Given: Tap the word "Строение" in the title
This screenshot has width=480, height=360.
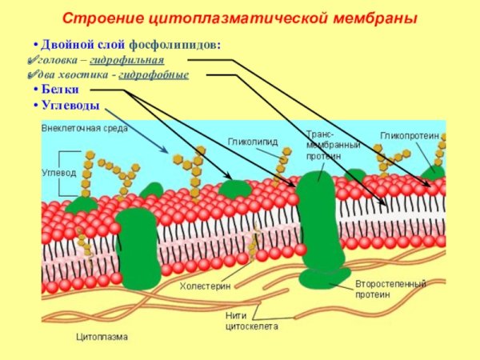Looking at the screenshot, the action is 95,18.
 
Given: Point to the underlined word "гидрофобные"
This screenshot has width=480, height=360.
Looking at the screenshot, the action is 153,74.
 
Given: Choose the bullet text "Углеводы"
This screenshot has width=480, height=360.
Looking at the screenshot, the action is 71,106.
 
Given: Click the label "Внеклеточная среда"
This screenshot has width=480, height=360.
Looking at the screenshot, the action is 84,128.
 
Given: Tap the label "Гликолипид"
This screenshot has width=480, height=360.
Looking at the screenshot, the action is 253,142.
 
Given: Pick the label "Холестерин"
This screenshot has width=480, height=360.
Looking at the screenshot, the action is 205,284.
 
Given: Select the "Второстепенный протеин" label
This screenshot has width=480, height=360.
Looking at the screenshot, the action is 390,289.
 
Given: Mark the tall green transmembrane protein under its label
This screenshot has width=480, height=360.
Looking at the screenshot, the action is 318,224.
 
